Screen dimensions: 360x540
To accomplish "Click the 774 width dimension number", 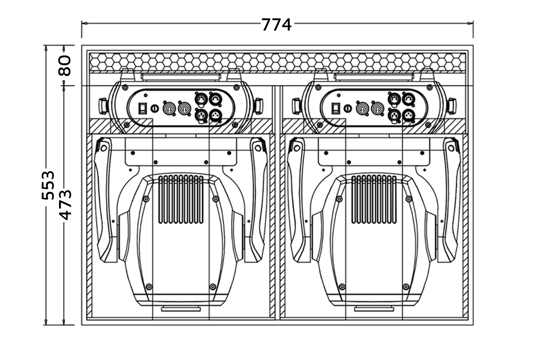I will tap(276, 25).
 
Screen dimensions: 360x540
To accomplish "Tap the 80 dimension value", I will tap(65, 65).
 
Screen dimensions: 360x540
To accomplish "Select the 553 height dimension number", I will tap(48, 185).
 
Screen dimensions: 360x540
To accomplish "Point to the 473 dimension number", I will tap(65, 205).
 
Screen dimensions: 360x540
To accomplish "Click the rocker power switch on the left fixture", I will tap(143, 108).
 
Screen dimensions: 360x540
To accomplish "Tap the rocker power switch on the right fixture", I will tap(336, 108).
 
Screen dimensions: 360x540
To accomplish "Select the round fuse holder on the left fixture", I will tap(155, 108).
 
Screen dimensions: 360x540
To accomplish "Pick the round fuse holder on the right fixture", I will tap(348, 108).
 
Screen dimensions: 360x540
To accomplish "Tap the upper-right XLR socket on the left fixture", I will tap(215, 98).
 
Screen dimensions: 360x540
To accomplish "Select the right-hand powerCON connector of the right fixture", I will tap(377, 108).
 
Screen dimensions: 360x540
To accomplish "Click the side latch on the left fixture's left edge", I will tap(103, 105).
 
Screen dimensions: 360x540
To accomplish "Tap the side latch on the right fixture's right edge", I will tap(451, 105).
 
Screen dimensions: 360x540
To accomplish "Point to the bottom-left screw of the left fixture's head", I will tap(149, 287).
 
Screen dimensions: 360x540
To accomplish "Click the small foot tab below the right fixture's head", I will tap(373, 309).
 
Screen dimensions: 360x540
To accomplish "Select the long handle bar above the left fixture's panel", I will tap(181, 77).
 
